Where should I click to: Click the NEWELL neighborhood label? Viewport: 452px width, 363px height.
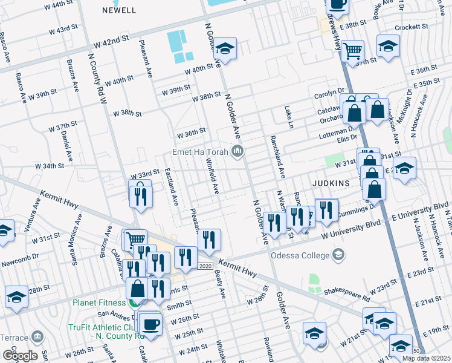(x=119, y=10)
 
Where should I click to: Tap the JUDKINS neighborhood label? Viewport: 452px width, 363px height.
(x=331, y=181)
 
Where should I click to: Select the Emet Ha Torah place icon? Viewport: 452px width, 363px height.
(x=238, y=151)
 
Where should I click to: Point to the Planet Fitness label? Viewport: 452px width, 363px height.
(x=99, y=302)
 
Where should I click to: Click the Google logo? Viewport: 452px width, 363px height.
(x=20, y=355)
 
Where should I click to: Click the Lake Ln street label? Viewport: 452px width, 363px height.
(x=289, y=117)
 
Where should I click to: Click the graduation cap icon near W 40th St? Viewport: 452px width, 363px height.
(x=225, y=48)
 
